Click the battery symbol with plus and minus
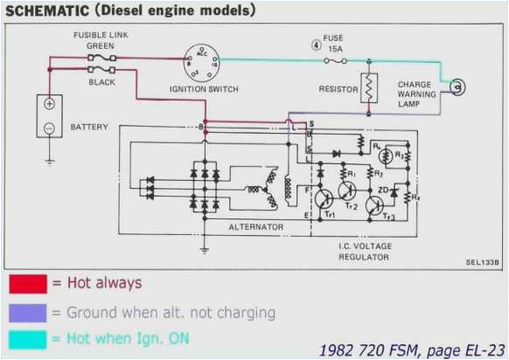tap(50, 115)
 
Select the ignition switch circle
tap(202, 63)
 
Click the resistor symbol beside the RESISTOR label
tap(370, 87)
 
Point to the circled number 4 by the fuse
tap(315, 44)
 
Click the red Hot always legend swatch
tap(27, 284)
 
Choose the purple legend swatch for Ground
tap(27, 311)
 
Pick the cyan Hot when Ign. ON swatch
tap(27, 337)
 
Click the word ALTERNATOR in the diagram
tap(255, 226)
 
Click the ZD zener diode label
tap(382, 187)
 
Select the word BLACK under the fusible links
tap(101, 82)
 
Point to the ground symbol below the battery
tap(50, 161)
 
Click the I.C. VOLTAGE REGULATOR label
tap(365, 252)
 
